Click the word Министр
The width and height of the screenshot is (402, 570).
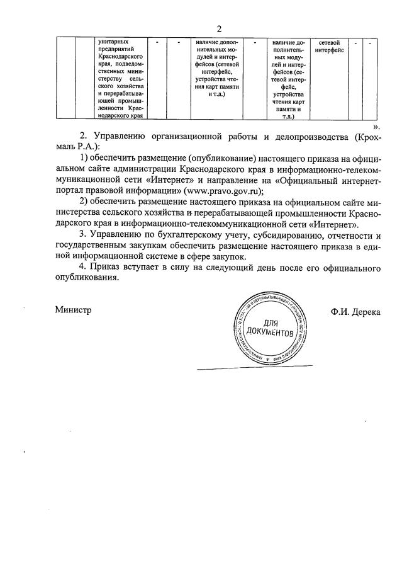[73, 310]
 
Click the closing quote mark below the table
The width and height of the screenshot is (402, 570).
[376, 125]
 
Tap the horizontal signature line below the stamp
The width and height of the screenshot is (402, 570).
[255, 367]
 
